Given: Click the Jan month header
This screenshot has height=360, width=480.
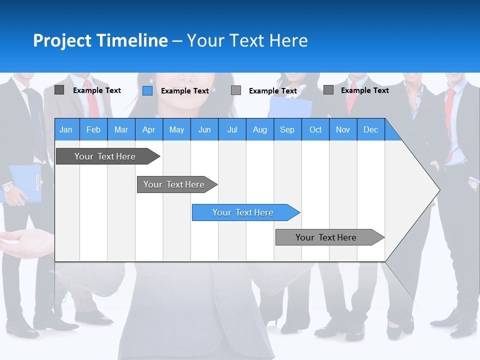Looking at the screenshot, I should pyautogui.click(x=66, y=129).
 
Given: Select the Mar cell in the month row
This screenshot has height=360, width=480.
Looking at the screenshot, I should pyautogui.click(x=121, y=129).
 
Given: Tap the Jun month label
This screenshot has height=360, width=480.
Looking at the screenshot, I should pyautogui.click(x=204, y=129).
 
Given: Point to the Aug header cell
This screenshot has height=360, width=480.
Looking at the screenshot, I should pyautogui.click(x=259, y=129).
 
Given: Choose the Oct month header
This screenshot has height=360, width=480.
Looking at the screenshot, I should pyautogui.click(x=315, y=129).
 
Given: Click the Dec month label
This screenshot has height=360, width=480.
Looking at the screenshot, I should pyautogui.click(x=370, y=129).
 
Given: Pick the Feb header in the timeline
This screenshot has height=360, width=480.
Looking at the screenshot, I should pyautogui.click(x=93, y=129).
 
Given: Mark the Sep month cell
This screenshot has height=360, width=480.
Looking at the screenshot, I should pyautogui.click(x=287, y=129).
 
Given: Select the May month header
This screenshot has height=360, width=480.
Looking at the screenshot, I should pyautogui.click(x=176, y=129).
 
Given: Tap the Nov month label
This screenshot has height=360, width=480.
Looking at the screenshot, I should pyautogui.click(x=343, y=129).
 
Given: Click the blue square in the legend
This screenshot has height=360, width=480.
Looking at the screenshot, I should pyautogui.click(x=147, y=90).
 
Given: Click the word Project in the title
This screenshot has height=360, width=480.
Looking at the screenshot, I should pyautogui.click(x=62, y=40).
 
